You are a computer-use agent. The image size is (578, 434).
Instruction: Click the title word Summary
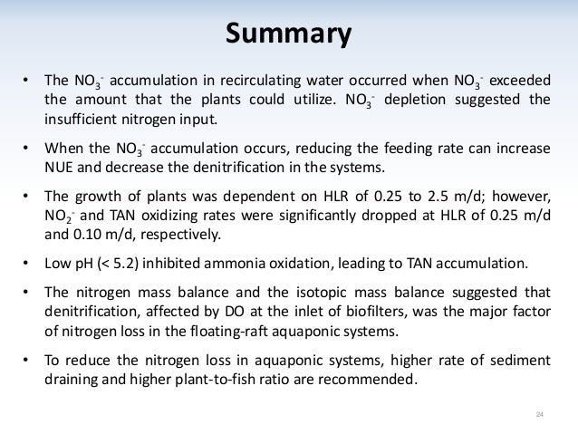288,35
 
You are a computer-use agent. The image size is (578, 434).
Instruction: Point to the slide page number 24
540,415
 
